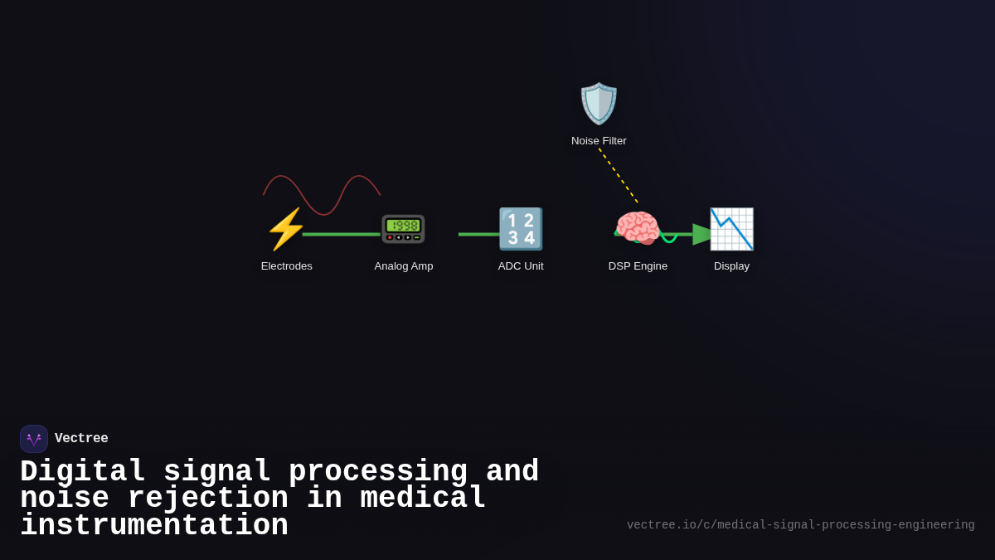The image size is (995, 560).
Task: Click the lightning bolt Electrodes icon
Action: (x=286, y=229)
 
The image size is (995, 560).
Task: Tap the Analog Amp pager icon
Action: (x=403, y=229)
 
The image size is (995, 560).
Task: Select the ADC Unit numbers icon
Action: (x=521, y=229)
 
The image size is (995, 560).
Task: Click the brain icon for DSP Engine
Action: (x=637, y=228)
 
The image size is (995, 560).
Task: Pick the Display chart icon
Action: (x=731, y=229)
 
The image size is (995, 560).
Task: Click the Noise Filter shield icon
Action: (x=599, y=104)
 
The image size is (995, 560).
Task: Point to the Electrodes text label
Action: (x=287, y=266)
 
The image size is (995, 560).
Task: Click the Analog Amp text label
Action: (x=404, y=266)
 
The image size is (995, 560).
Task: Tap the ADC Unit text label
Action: (x=521, y=266)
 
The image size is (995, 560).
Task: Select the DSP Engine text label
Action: (x=638, y=266)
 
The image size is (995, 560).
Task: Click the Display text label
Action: (x=731, y=266)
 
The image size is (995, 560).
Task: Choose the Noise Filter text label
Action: (x=599, y=141)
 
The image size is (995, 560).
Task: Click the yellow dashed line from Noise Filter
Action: (x=618, y=175)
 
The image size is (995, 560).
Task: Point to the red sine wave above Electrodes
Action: (x=322, y=196)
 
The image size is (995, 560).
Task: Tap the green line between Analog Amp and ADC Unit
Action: (x=478, y=234)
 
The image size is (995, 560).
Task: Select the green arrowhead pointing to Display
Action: (x=702, y=234)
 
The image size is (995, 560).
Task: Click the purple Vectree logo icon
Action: (x=34, y=439)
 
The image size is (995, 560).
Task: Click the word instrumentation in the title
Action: (x=154, y=526)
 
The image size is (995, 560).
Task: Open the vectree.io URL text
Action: (x=800, y=525)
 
